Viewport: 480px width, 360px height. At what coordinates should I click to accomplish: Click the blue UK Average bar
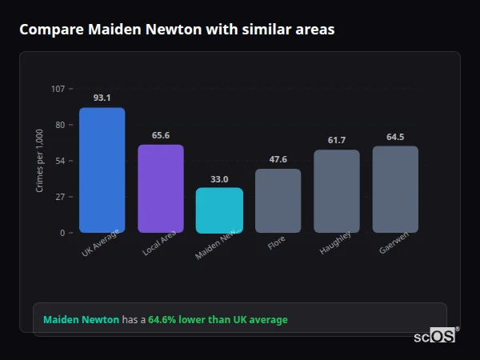coord(102,170)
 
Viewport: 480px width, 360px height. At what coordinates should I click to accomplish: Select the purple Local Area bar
coord(161,189)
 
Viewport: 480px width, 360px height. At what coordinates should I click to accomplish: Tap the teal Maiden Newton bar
coord(219,210)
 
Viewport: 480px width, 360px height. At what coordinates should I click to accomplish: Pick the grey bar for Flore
coord(278,201)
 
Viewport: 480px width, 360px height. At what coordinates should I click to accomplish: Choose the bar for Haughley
coord(337,191)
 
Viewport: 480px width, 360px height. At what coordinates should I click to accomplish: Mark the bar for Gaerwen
coord(395,190)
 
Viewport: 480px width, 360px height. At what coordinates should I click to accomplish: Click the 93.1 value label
coord(102,98)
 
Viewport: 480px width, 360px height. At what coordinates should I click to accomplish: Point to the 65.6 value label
coord(161,135)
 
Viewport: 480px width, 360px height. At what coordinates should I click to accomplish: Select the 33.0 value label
coord(219,179)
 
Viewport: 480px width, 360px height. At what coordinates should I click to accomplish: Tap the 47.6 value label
coord(278,159)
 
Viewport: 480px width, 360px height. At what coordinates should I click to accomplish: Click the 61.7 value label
coord(337,141)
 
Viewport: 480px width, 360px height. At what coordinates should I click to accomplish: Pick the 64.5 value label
coord(395,137)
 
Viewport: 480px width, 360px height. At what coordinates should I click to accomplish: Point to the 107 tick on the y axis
coord(58,88)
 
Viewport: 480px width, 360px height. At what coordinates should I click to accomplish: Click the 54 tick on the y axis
coord(60,161)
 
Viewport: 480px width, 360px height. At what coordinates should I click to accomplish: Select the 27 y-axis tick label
coord(60,197)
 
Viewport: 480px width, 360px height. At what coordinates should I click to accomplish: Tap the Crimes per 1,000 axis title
coord(40,160)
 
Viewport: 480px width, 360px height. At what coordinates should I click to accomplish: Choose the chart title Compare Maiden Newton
coord(177,30)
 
